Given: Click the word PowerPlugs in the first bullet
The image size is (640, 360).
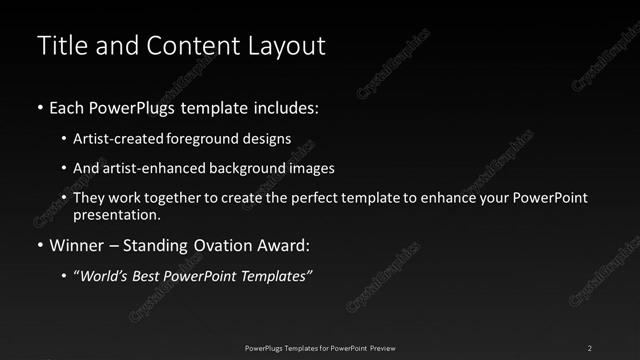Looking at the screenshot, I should (140, 106).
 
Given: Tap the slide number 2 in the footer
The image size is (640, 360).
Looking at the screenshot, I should (590, 348).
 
